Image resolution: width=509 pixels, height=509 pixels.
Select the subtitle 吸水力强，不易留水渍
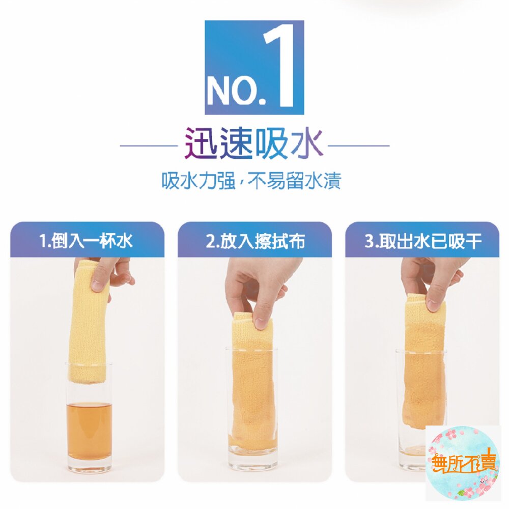pyautogui.click(x=251, y=181)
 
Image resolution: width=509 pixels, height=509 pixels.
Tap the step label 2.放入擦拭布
pyautogui.click(x=255, y=241)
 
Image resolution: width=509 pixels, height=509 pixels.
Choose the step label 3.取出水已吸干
pyautogui.click(x=422, y=241)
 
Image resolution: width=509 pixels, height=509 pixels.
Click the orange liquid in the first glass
pyautogui.click(x=89, y=430)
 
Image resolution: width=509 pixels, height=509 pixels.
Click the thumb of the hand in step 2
pyautogui.click(x=260, y=316)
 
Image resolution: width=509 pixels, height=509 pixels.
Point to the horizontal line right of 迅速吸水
pyautogui.click(x=359, y=146)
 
